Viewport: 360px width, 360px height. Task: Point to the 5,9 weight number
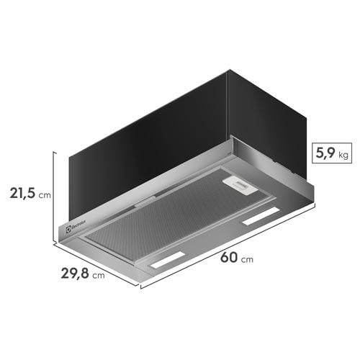point(322,153)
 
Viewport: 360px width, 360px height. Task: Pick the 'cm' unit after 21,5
point(45,194)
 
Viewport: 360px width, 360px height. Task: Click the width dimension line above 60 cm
point(230,245)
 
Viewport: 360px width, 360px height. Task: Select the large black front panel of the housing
point(144,144)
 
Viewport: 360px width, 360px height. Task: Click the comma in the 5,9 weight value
point(321,158)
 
